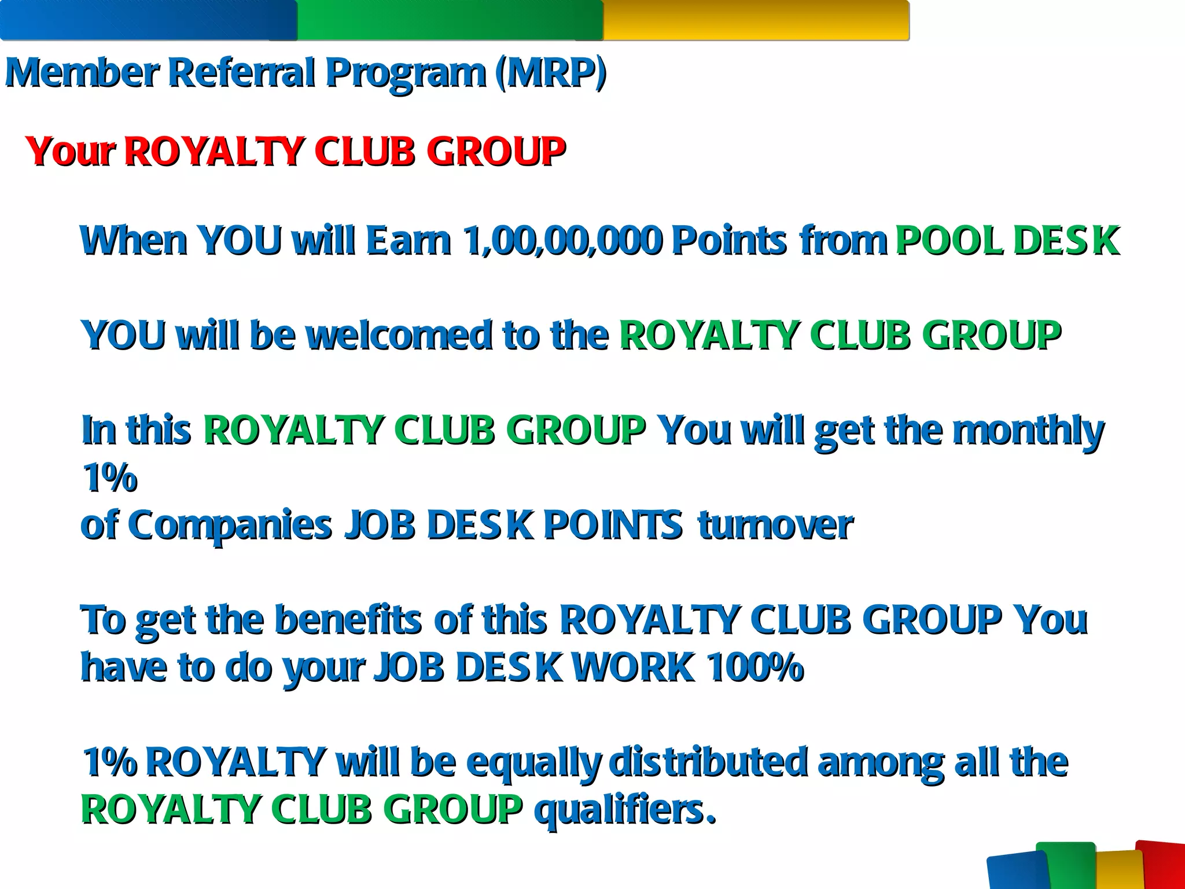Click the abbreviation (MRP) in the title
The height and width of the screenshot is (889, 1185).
pyautogui.click(x=550, y=74)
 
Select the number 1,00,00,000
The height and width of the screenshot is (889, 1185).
pyautogui.click(x=562, y=240)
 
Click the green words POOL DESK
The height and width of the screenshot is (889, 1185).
pyautogui.click(x=1007, y=240)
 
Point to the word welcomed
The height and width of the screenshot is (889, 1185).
pyautogui.click(x=399, y=335)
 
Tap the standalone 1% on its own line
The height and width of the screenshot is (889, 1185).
pyautogui.click(x=109, y=478)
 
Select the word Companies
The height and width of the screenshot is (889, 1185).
pyautogui.click(x=230, y=526)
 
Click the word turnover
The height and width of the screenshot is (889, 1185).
pyautogui.click(x=775, y=526)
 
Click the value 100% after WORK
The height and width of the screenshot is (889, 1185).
pyautogui.click(x=755, y=667)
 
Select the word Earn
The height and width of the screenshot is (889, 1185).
pyautogui.click(x=409, y=240)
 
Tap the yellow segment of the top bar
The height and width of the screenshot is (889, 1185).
pyautogui.click(x=755, y=20)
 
